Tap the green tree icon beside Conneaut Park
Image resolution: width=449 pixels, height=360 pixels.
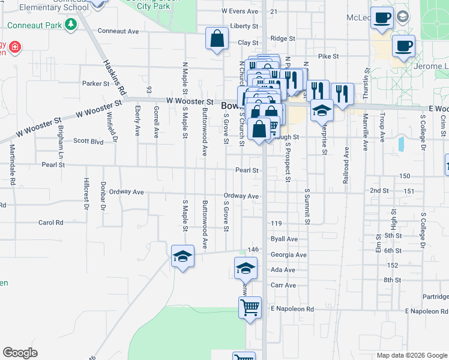pos(71,25)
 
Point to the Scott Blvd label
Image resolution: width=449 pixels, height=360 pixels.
pos(88,142)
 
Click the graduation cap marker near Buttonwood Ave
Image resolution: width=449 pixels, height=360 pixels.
pos(182,257)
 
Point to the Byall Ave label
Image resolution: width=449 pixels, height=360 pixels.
pos(284,239)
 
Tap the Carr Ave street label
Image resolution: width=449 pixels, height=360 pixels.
pos(283,285)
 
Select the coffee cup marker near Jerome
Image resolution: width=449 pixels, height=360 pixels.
pos(403,46)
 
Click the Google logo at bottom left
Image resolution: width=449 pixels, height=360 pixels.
pos(20,353)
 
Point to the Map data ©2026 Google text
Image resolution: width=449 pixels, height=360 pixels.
pos(411,355)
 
